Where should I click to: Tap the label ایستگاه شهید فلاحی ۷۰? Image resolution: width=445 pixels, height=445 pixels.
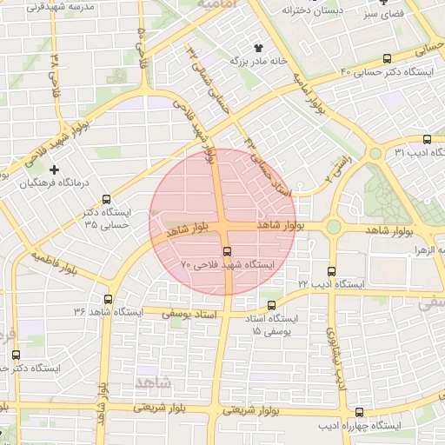[x=227, y=262]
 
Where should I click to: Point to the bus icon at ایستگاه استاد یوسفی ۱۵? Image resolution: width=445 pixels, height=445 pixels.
[x=272, y=306]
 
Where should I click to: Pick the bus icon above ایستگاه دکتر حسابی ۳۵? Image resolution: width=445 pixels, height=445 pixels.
[x=108, y=198]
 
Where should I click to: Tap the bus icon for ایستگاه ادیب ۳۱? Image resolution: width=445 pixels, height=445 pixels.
[x=426, y=139]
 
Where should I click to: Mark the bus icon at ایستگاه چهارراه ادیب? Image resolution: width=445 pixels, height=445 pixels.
[x=360, y=413]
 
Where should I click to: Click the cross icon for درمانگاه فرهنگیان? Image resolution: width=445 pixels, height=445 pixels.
[x=56, y=169]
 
